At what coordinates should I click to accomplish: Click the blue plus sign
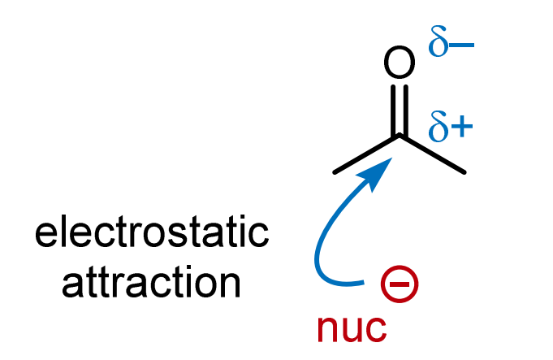tap(463, 128)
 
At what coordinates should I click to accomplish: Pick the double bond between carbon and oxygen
tap(398, 110)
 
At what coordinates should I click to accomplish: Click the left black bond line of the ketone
tap(365, 154)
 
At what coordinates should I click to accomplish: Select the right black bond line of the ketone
tap(432, 154)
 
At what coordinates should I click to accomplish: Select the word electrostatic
tap(152, 235)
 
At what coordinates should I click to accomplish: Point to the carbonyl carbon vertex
tap(399, 137)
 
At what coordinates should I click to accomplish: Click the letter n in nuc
tap(327, 327)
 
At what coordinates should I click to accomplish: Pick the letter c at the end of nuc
tap(376, 327)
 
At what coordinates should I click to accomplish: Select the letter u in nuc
tap(352, 327)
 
